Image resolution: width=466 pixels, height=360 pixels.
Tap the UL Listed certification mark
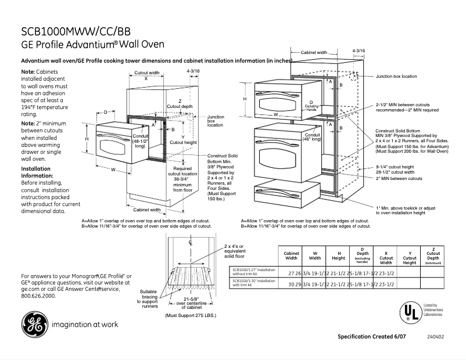click(411, 311)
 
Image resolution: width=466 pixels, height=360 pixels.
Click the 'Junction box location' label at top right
click(396, 77)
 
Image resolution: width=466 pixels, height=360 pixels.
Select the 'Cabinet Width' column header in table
click(291, 255)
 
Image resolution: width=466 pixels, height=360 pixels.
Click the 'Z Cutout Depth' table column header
click(433, 255)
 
